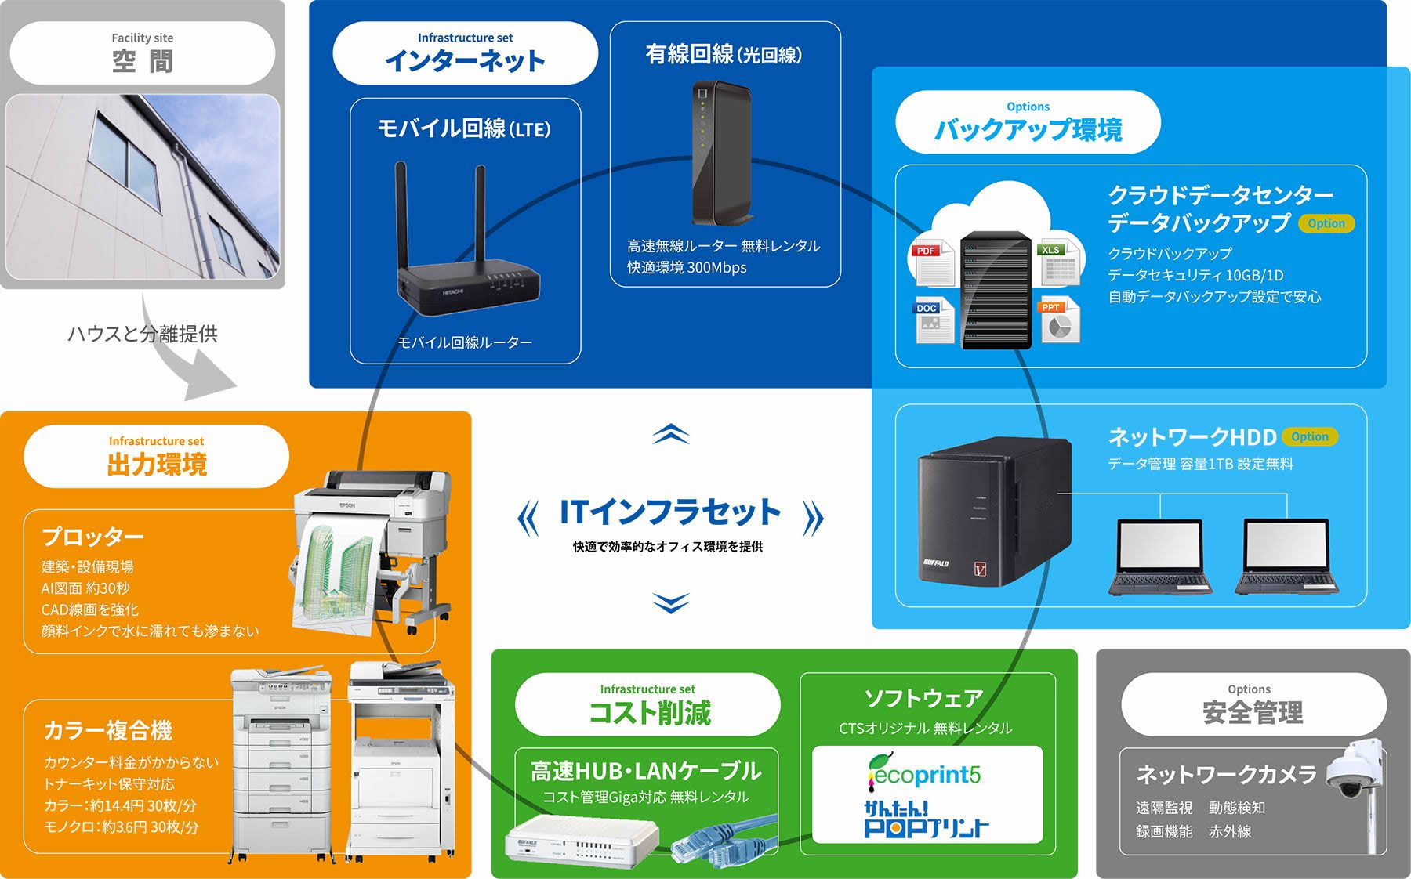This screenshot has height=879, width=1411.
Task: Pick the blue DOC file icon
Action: (x=934, y=320)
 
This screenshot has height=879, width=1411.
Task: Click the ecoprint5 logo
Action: (x=923, y=772)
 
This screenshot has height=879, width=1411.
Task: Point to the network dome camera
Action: (x=1352, y=769)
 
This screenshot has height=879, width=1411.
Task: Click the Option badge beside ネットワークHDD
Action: (x=1309, y=436)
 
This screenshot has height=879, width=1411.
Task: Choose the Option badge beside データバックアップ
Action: (x=1326, y=223)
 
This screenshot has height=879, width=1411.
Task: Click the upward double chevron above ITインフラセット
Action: (x=671, y=433)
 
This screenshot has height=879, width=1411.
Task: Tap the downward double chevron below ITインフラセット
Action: (x=671, y=602)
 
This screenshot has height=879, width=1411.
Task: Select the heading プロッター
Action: (x=92, y=537)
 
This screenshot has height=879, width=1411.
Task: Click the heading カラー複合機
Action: (x=107, y=730)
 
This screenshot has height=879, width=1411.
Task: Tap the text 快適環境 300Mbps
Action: (x=687, y=267)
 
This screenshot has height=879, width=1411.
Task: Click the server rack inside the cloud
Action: (x=996, y=290)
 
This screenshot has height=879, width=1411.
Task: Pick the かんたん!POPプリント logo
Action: (x=926, y=819)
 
